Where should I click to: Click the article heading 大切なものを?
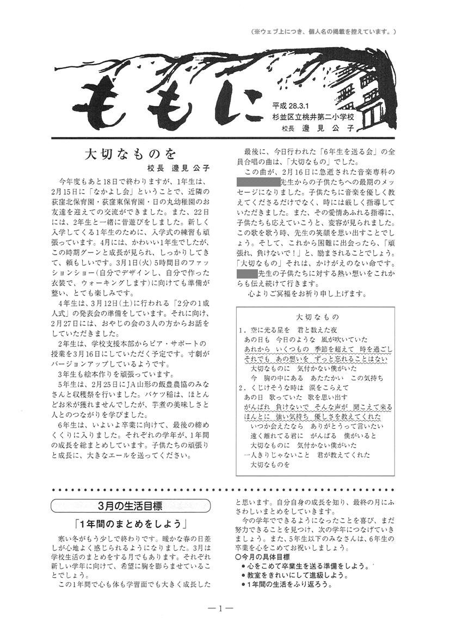(x=132, y=153)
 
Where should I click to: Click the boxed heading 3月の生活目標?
(x=131, y=505)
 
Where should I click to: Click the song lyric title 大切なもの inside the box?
(x=318, y=317)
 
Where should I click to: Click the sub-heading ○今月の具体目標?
(x=262, y=558)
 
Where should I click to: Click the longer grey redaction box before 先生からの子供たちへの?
(x=257, y=182)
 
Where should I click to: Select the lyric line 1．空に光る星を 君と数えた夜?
(x=288, y=330)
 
